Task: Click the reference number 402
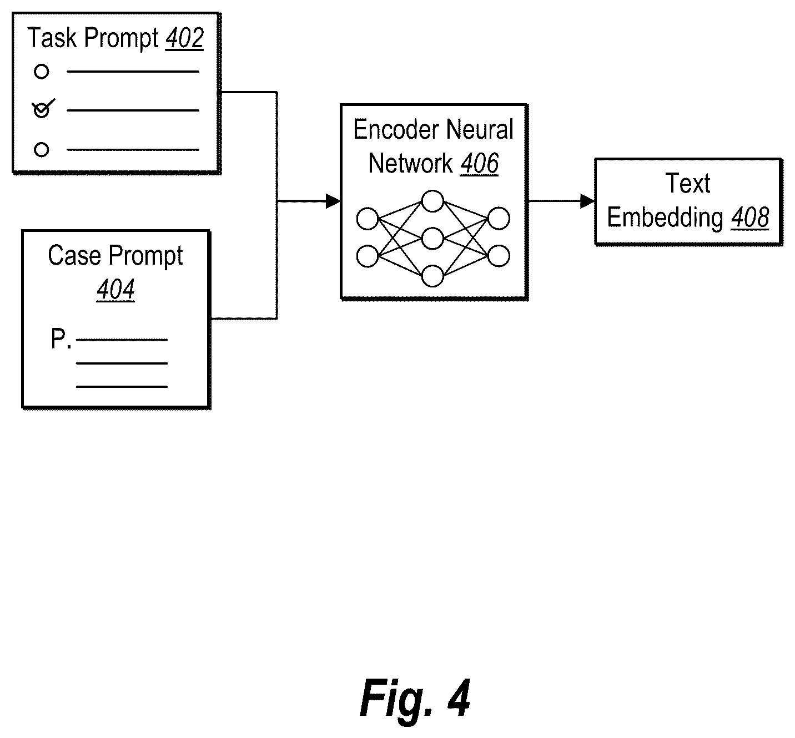point(184,38)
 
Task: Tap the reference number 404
point(115,289)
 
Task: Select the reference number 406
point(479,164)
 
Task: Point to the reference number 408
point(750,218)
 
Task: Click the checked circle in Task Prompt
point(42,110)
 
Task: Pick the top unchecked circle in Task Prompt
point(42,72)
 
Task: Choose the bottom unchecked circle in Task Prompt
point(42,150)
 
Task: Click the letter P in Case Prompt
point(58,338)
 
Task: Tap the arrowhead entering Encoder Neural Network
point(333,201)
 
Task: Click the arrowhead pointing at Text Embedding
point(587,201)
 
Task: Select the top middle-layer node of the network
point(432,201)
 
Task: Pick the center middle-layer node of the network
point(432,239)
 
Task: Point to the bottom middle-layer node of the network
point(432,276)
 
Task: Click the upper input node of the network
point(368,219)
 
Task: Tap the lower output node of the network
point(499,256)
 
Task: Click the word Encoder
point(396,130)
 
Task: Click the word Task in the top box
point(52,38)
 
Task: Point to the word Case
point(74,256)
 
